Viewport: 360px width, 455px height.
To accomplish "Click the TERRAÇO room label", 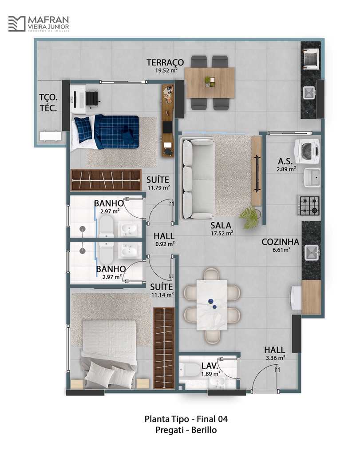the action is pos(165,62).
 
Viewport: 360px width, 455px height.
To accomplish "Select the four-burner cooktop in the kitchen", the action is pos(309,205).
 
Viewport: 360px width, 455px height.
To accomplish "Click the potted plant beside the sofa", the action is pos(249,216).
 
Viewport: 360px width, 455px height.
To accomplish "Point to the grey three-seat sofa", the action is pos(197,178).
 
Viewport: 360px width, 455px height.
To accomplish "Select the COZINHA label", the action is pos(280,242).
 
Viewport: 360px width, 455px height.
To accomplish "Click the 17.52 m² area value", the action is pos(222,233).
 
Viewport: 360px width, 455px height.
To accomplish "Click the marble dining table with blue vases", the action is pos(212,305).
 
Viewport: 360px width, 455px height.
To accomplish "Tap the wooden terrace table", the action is pos(209,83).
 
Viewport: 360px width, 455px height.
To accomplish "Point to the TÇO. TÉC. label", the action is pos(48,103).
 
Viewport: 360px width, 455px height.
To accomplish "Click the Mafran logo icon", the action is pos(16,24).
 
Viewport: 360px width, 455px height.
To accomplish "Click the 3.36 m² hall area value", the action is pos(275,358).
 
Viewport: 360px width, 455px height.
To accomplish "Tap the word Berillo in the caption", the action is pos(204,430).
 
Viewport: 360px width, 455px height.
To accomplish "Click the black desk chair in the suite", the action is pos(92,99).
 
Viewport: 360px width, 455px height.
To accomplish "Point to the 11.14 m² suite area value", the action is pos(162,295).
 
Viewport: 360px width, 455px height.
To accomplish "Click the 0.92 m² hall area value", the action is pos(165,244).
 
